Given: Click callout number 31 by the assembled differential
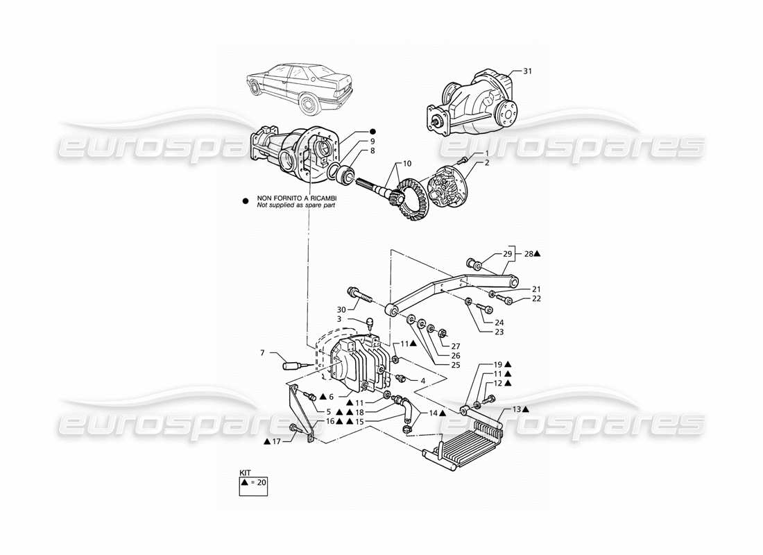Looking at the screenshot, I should click(528, 71).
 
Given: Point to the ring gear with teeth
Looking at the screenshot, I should click(411, 201).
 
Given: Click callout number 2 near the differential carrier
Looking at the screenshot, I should click(487, 162).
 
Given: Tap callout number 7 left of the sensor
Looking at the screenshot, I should click(263, 353).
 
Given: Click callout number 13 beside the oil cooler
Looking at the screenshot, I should click(515, 409).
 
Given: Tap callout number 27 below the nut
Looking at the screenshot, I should click(455, 347).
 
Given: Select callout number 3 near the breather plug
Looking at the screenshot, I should click(338, 319).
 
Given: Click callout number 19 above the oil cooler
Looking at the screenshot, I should click(498, 364).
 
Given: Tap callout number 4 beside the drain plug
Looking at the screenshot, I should click(422, 380).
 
